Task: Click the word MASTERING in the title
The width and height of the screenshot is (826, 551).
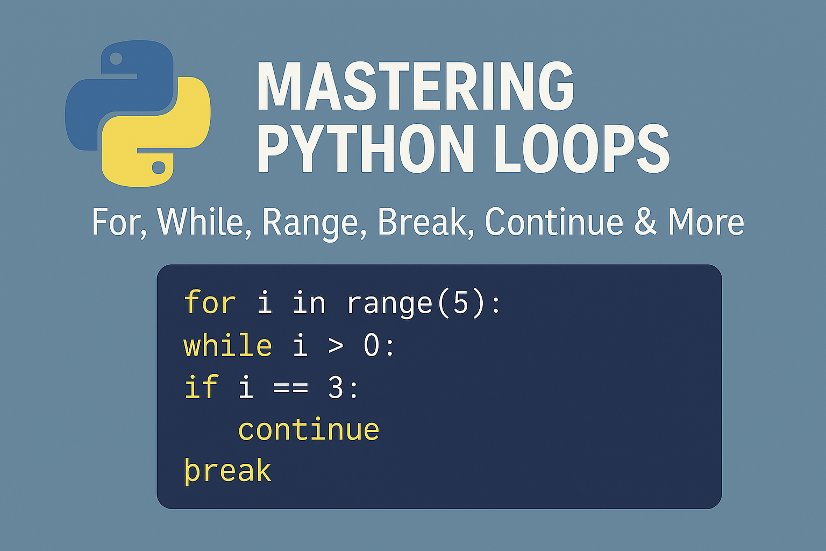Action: point(415,86)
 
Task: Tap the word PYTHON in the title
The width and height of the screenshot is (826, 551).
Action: point(366,149)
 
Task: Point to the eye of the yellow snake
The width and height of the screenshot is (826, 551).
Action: point(159,168)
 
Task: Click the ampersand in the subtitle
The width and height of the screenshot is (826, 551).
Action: point(645,222)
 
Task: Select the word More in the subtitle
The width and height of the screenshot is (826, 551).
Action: point(706,222)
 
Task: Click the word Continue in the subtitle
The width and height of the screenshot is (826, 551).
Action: point(553,222)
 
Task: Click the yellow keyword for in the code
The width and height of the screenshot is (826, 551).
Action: point(210,302)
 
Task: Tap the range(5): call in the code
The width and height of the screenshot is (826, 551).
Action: point(424,303)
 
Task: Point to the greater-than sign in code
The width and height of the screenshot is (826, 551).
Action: point(336,346)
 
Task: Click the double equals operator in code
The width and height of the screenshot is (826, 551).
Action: point(290,387)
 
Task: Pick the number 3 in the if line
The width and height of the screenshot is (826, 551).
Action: point(336,387)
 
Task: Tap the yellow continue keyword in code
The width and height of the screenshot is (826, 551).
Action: point(309,429)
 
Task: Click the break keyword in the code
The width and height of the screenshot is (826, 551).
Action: point(227,471)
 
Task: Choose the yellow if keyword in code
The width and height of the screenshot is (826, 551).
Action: point(201,387)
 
